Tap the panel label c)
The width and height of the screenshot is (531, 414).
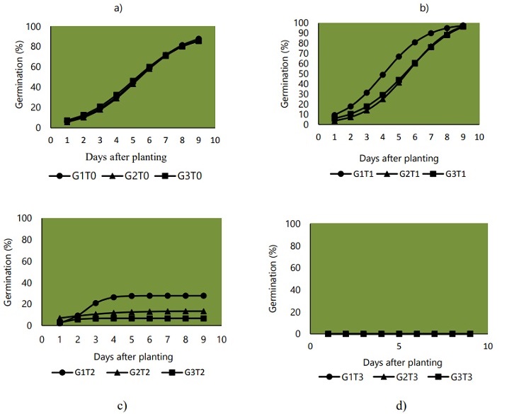122,405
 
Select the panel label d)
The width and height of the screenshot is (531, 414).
401,405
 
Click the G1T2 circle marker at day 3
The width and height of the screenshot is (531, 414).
96,303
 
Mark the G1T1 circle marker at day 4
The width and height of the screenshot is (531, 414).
382,74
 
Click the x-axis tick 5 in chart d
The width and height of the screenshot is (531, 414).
399,346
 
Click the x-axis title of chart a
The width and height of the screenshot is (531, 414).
126,155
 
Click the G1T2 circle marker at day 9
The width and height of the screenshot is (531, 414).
202,296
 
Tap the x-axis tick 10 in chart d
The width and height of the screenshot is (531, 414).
487,346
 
